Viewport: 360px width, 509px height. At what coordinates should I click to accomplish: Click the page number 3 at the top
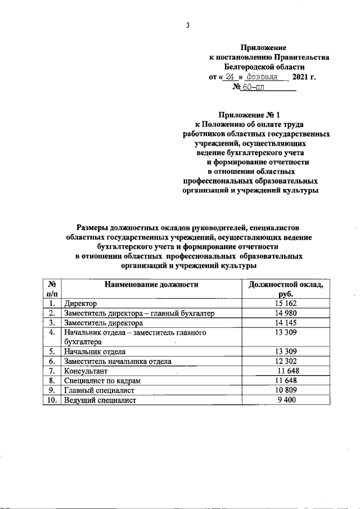click(x=188, y=25)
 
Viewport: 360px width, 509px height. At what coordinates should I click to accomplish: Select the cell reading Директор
click(x=81, y=304)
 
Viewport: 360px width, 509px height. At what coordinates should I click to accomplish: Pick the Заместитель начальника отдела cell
click(x=118, y=362)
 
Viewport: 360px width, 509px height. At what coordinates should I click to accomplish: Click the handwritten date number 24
click(x=231, y=77)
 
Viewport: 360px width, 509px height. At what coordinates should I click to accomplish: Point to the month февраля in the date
click(x=264, y=77)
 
